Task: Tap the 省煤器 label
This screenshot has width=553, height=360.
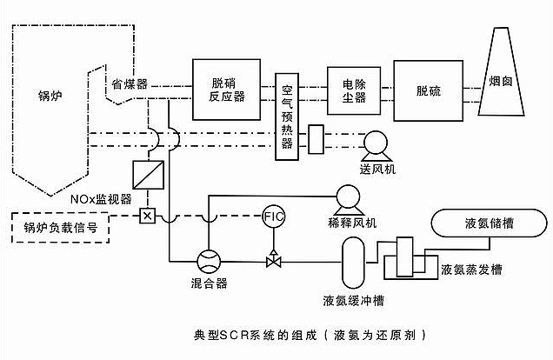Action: pyautogui.click(x=129, y=83)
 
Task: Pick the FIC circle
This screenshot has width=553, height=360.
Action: pyautogui.click(x=273, y=215)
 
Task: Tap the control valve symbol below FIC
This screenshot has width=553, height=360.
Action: pyautogui.click(x=273, y=259)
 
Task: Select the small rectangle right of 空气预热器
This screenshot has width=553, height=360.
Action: pyautogui.click(x=316, y=138)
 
